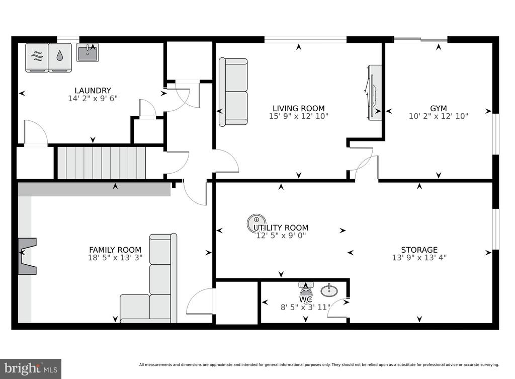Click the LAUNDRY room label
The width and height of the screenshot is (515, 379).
pyautogui.click(x=93, y=91)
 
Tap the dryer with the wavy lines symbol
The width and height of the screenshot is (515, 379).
pyautogui.click(x=37, y=57)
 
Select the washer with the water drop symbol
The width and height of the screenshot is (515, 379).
pyautogui.click(x=60, y=57)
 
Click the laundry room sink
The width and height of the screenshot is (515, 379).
pyautogui.click(x=88, y=52)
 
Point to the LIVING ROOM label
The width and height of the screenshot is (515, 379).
pyautogui.click(x=299, y=108)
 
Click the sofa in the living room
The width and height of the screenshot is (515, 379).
pyautogui.click(x=233, y=92)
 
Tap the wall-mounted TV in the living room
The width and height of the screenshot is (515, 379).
pyautogui.click(x=374, y=93)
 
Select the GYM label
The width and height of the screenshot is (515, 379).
pyautogui.click(x=439, y=108)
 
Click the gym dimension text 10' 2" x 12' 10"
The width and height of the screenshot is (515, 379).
pyautogui.click(x=439, y=116)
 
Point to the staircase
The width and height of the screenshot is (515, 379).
pyautogui.click(x=102, y=163)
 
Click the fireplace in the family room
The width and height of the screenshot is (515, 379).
pyautogui.click(x=27, y=256)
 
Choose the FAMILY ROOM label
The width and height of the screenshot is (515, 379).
pyautogui.click(x=115, y=250)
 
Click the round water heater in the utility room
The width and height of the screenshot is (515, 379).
pyautogui.click(x=256, y=222)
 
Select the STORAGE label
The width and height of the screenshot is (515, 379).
pyautogui.click(x=419, y=250)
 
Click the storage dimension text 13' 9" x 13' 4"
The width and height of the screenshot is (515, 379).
pyautogui.click(x=419, y=257)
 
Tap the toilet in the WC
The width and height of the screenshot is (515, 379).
pyautogui.click(x=306, y=288)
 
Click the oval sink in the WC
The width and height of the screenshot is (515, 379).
pyautogui.click(x=329, y=290)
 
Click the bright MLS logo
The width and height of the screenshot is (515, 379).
pyautogui.click(x=31, y=369)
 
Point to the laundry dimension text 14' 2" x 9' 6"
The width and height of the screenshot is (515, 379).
pyautogui.click(x=93, y=98)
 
